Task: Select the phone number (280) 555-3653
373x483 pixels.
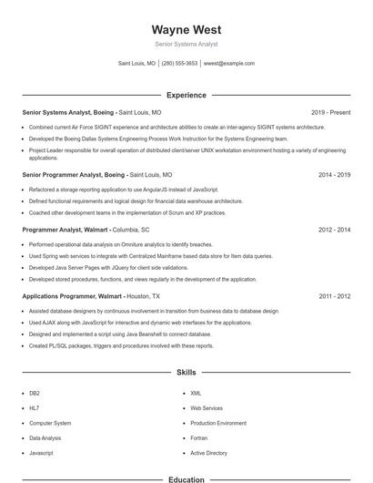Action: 179,64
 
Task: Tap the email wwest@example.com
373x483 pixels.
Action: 229,64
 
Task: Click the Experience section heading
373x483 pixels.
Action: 186,95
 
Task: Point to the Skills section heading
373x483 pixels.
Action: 186,373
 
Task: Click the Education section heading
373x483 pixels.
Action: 186,479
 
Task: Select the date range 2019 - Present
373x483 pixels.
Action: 330,112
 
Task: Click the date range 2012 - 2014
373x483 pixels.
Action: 334,231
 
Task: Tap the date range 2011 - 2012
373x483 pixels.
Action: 334,296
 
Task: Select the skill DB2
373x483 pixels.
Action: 35,394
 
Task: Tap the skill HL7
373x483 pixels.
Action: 34,408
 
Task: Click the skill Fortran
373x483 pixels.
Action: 200,438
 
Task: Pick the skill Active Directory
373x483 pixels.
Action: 208,453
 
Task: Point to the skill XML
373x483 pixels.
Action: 196,394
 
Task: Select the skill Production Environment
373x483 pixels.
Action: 217,424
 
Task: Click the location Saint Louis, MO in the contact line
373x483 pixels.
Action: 136,64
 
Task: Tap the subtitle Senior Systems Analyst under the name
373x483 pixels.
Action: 186,44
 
